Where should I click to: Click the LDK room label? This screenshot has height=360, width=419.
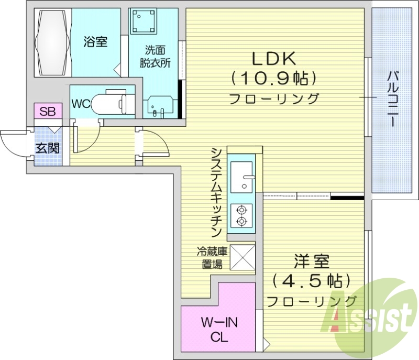[274, 59]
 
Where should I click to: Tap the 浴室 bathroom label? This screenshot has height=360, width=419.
[95, 42]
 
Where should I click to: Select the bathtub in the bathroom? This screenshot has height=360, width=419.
[53, 43]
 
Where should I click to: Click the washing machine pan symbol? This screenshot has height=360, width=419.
[144, 21]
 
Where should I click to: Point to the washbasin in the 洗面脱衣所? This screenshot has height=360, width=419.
[160, 106]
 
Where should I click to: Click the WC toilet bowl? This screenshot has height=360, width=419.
[109, 103]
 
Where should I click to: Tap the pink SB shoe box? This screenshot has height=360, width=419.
[48, 111]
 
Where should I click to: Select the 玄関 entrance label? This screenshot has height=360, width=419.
[48, 148]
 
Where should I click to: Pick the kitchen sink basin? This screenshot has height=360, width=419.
[241, 177]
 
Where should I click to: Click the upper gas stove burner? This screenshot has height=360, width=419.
[241, 210]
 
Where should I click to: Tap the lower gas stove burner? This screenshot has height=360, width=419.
[241, 221]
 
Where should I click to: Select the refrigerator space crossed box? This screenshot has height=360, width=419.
[242, 257]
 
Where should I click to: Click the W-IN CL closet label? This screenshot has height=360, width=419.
[219, 330]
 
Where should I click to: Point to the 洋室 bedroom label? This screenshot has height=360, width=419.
[312, 261]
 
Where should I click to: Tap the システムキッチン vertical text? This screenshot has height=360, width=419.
[216, 192]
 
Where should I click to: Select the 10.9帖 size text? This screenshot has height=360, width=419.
[274, 78]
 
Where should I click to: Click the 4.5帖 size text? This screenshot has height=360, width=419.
[312, 281]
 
